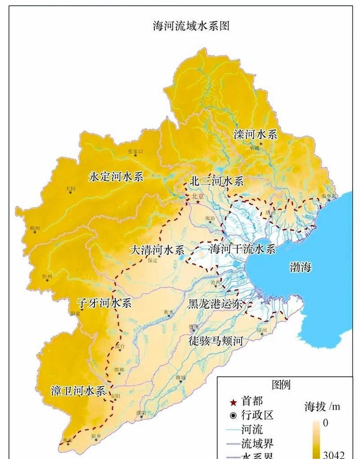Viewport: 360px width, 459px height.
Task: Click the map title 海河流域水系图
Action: (191, 26)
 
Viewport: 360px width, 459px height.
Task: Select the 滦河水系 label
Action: (255, 134)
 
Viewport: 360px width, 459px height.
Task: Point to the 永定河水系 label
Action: (116, 177)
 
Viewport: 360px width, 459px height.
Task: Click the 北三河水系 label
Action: (217, 181)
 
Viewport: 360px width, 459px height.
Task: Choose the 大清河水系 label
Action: (157, 250)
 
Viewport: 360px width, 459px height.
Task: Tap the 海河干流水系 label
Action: (242, 249)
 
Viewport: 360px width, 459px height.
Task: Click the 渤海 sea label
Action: (300, 267)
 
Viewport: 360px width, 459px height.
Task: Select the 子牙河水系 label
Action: (104, 303)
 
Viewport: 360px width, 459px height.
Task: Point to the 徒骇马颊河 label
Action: (216, 341)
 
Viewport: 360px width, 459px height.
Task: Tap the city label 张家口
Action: (135, 152)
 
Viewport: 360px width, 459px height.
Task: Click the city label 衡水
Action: (168, 312)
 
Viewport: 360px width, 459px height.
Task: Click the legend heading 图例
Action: (281, 385)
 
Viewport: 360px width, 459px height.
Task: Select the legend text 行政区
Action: (257, 415)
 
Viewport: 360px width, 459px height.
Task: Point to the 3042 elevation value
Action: (333, 455)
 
